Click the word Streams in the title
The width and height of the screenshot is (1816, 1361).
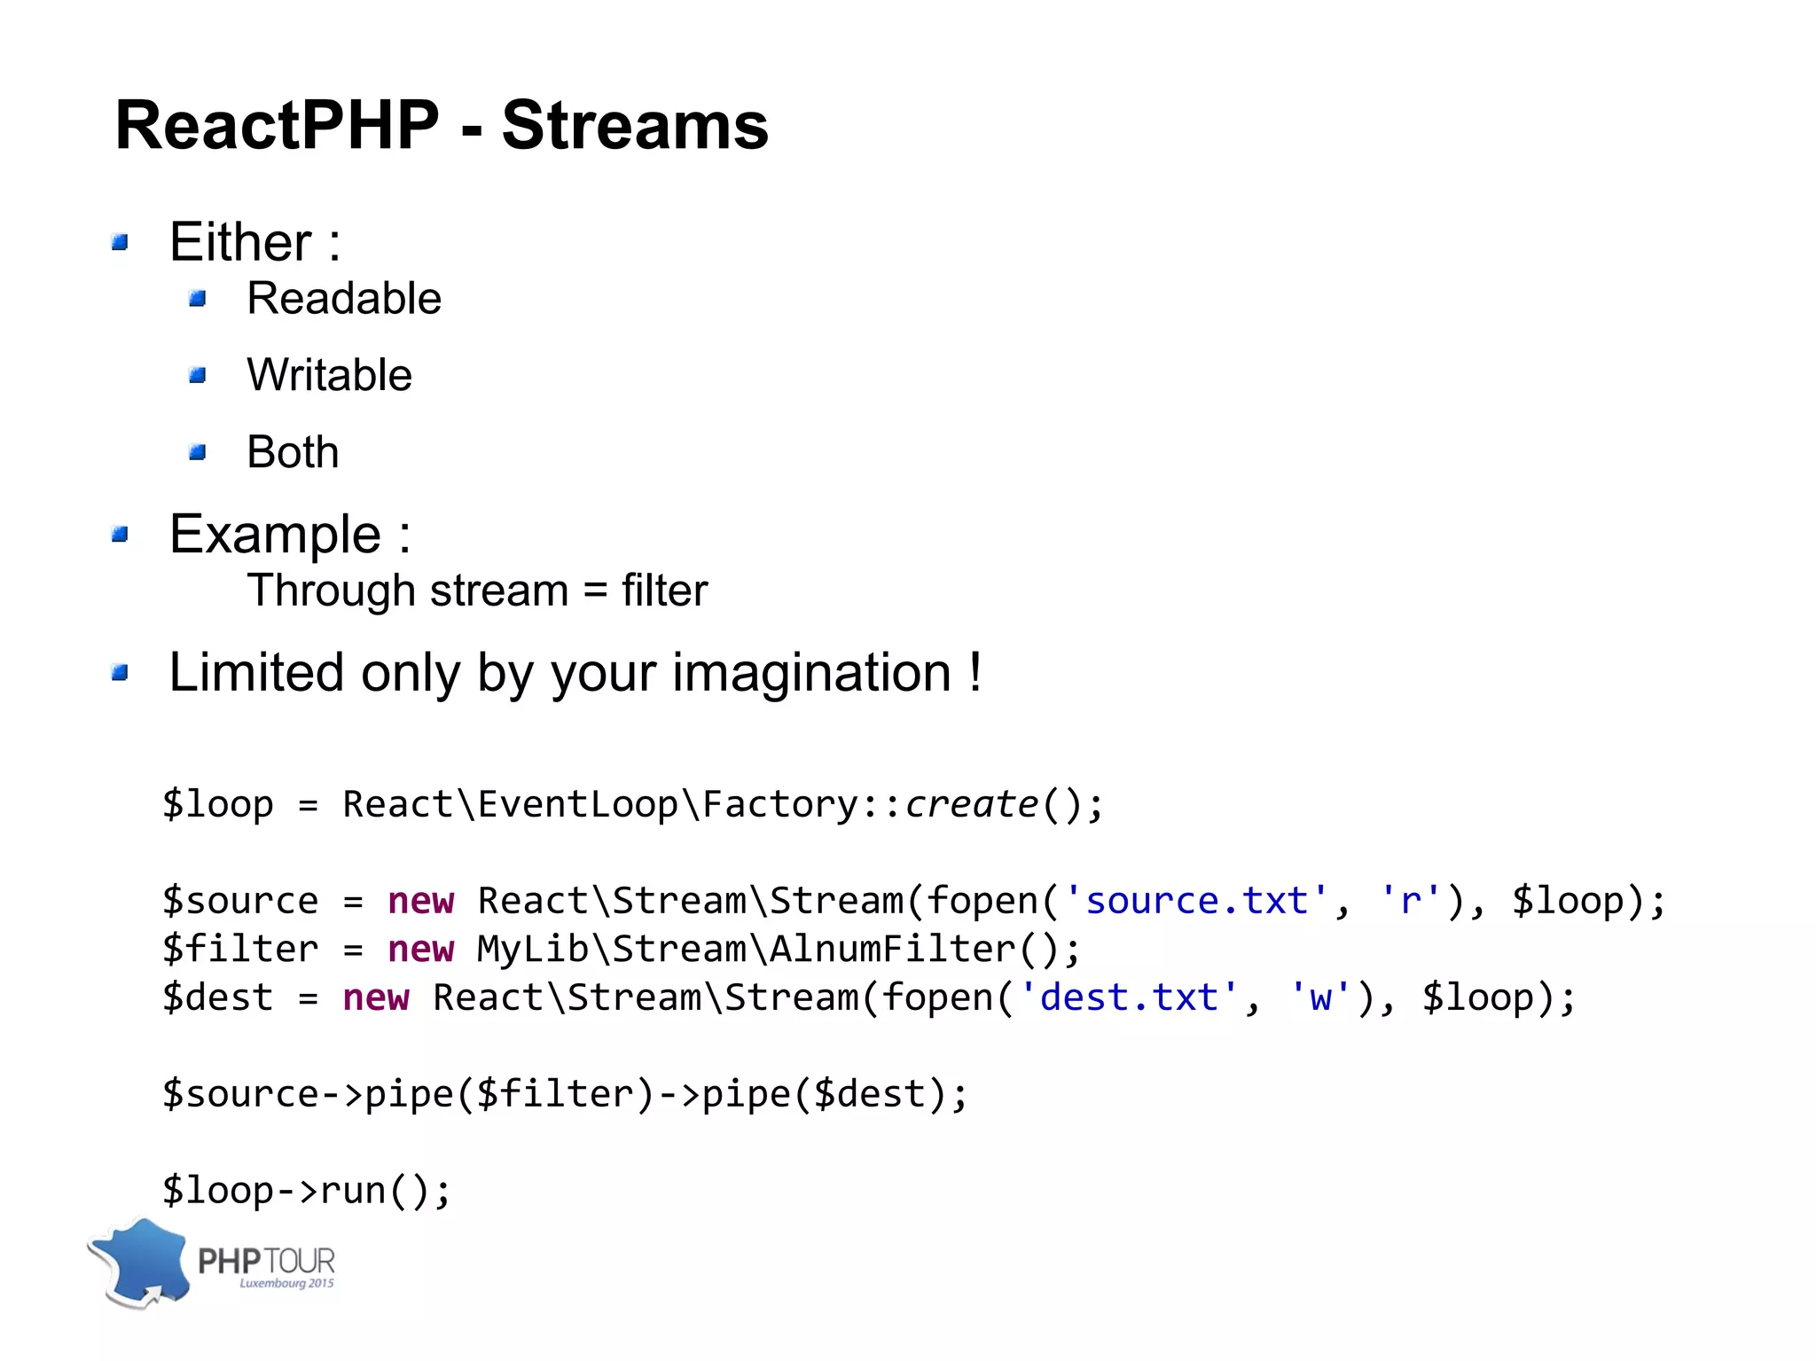click(634, 125)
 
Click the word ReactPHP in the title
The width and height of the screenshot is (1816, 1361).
click(277, 125)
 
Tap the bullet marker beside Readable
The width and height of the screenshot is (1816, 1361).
click(198, 299)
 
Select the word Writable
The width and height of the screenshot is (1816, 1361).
click(329, 375)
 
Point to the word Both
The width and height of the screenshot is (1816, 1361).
click(293, 452)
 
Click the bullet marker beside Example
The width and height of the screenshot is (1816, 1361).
click(121, 535)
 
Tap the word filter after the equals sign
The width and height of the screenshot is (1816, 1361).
click(664, 591)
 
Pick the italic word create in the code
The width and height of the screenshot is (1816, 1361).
click(971, 804)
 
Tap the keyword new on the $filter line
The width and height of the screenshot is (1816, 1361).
click(420, 950)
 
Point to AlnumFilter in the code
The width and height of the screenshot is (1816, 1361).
click(892, 950)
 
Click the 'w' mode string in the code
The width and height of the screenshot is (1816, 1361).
click(1319, 997)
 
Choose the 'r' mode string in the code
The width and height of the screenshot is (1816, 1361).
click(1409, 901)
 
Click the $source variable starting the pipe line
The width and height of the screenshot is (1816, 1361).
click(240, 1094)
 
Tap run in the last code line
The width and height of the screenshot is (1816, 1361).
click(352, 1191)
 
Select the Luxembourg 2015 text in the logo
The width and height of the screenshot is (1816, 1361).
click(286, 1283)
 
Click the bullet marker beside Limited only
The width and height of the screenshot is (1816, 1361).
click(121, 673)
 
